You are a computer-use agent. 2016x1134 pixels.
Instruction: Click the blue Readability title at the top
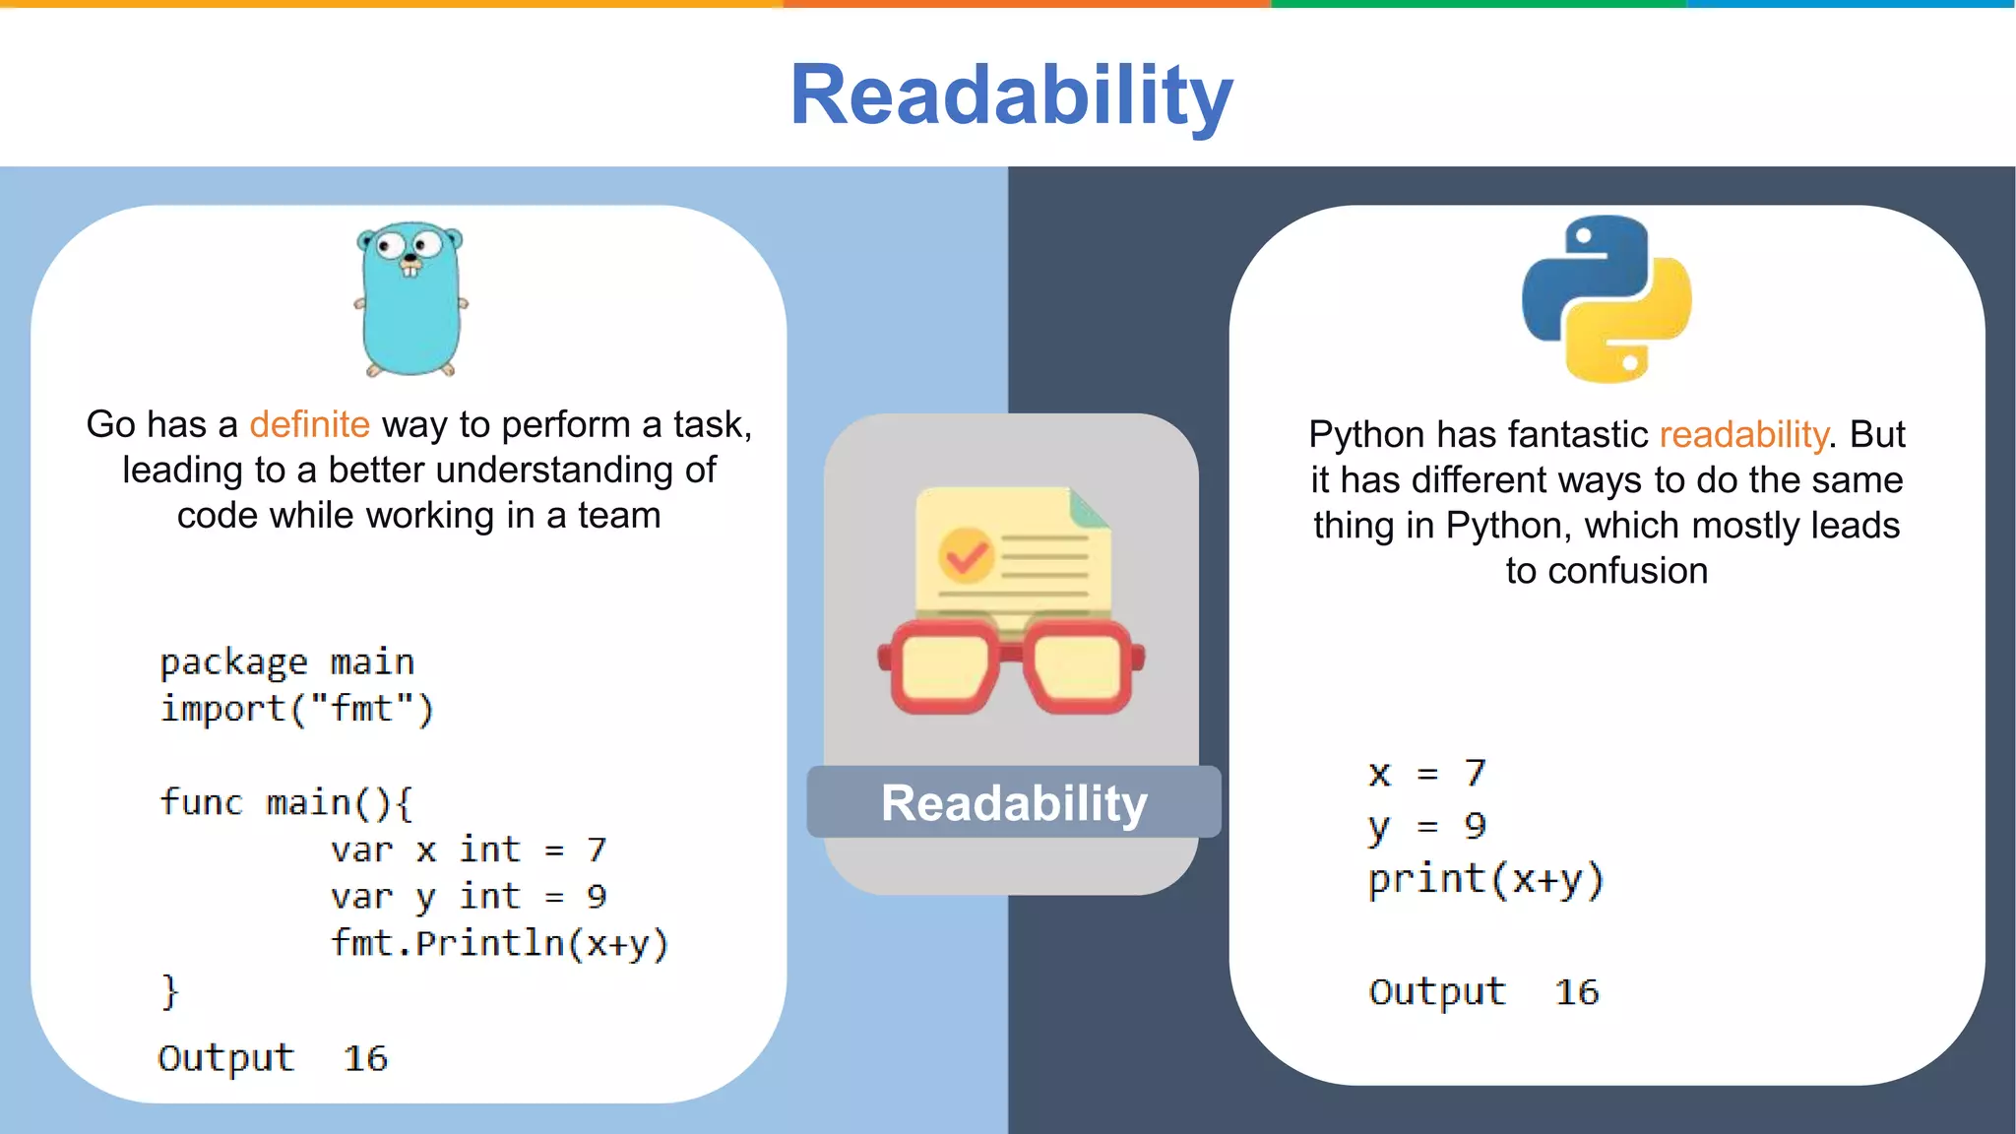(x=1011, y=95)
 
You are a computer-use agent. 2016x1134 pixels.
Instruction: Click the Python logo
(x=1606, y=299)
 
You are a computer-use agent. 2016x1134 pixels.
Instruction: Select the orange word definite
(x=309, y=424)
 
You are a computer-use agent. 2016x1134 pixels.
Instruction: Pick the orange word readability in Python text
(x=1743, y=434)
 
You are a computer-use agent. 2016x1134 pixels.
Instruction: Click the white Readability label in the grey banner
(x=1014, y=803)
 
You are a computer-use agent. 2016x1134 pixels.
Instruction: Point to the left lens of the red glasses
(x=942, y=666)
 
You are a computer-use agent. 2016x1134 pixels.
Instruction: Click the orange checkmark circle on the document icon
(x=965, y=555)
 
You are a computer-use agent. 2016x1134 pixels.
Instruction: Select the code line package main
(x=286, y=661)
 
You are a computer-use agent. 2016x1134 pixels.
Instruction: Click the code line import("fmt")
(x=296, y=709)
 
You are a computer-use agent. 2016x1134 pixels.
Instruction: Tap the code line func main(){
(x=286, y=802)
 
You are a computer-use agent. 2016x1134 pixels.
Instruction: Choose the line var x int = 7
(x=469, y=850)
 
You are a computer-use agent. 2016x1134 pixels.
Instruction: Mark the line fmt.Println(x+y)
(x=499, y=943)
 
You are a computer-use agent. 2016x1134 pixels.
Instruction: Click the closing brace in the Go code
(x=170, y=990)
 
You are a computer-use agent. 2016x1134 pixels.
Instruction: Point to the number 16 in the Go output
(x=365, y=1058)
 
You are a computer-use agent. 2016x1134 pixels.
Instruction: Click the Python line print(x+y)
(x=1485, y=879)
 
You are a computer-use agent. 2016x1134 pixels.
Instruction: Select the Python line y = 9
(x=1426, y=826)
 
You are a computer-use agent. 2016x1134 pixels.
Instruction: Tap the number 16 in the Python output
(x=1576, y=992)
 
